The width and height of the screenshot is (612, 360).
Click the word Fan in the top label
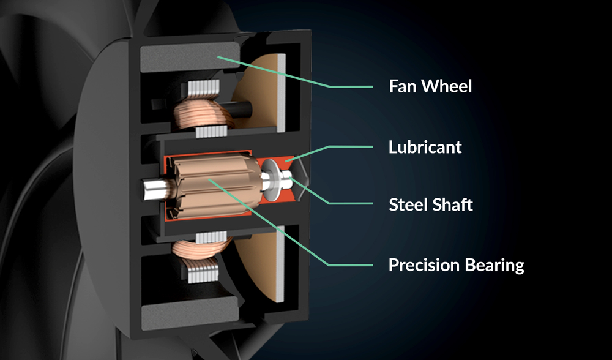pyautogui.click(x=403, y=86)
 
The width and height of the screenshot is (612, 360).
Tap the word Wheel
pyautogui.click(x=447, y=86)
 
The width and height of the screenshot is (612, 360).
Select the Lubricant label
pyautogui.click(x=425, y=147)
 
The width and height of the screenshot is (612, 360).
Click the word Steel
pyautogui.click(x=409, y=204)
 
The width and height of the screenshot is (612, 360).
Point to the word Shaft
pyautogui.click(x=454, y=204)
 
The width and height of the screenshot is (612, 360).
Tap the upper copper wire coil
pyautogui.click(x=203, y=114)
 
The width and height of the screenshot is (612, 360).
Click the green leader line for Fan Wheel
pyautogui.click(x=295, y=72)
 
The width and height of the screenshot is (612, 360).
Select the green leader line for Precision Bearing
pyautogui.click(x=290, y=223)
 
